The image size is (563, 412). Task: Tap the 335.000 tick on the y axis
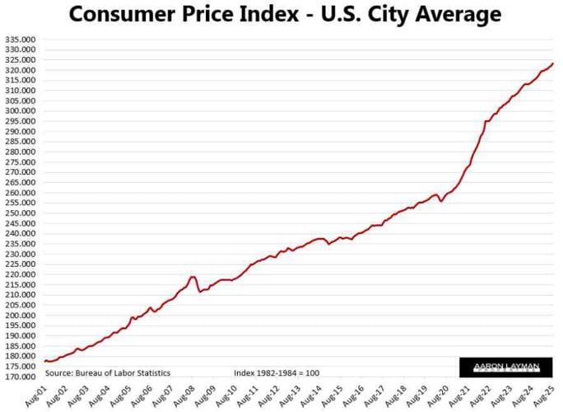click(x=21, y=40)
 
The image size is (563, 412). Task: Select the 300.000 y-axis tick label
click(x=21, y=111)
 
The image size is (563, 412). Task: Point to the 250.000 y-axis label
click(x=21, y=213)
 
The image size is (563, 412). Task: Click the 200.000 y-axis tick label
click(x=21, y=316)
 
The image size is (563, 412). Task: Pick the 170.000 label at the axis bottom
click(x=21, y=377)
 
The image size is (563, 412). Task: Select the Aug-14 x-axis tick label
click(x=316, y=394)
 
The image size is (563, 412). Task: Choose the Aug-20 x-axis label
click(x=444, y=394)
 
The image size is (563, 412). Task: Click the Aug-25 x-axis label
click(x=551, y=394)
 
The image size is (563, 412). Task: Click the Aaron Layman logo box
click(x=505, y=368)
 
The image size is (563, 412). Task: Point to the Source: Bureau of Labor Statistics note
click(x=107, y=373)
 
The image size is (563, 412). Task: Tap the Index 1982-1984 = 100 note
click(x=276, y=373)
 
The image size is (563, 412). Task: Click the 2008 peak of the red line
click(x=193, y=277)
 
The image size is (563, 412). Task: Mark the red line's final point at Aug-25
click(x=553, y=63)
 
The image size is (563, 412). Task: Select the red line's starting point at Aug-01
click(x=45, y=361)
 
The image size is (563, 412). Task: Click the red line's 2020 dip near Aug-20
click(x=441, y=201)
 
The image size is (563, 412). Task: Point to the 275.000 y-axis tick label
click(x=21, y=162)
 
